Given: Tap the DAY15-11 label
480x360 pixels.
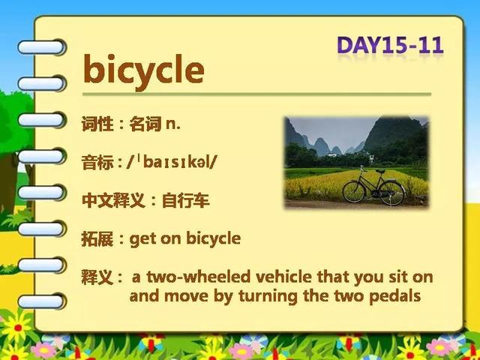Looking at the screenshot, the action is coord(390,45).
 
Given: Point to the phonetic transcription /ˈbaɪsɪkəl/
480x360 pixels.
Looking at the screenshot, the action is coord(172,162).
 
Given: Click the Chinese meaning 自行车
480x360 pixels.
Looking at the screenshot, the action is coord(186,200).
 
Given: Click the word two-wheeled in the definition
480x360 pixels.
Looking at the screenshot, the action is coord(198,277).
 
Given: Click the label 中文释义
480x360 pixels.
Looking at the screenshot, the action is coord(113,200).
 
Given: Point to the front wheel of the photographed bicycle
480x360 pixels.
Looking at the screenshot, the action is coord(354,192).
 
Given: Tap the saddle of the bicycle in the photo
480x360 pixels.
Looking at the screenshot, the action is coord(380,171).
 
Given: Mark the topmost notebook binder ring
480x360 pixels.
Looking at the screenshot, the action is coord(41,47).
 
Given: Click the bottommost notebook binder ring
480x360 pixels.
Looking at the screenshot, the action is coord(41,301).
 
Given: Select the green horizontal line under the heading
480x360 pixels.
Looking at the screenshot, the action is coord(256,94).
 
